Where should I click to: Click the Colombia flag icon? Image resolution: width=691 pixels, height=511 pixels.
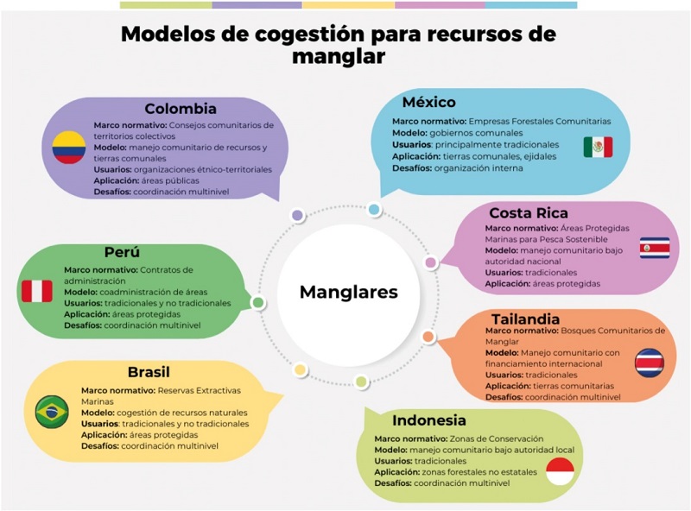69,148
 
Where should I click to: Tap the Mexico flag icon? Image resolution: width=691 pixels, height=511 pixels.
597,147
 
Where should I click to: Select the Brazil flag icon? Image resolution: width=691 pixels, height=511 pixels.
52,411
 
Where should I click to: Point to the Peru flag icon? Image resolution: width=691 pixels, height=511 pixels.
36,291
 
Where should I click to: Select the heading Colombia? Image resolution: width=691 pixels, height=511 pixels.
181,109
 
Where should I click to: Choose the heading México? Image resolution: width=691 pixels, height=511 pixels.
429,103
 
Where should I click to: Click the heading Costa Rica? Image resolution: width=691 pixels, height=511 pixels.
527,212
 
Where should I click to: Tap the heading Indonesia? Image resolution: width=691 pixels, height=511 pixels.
429,420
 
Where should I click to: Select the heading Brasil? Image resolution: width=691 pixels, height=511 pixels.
149,372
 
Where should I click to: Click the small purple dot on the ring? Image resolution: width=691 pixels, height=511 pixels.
297,215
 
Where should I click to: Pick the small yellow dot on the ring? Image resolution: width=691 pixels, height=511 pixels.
300,369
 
